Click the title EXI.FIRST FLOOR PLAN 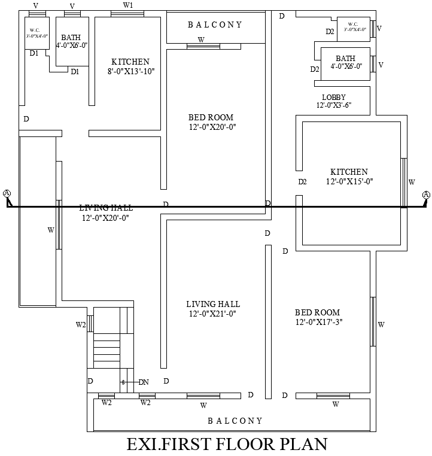click(x=227, y=445)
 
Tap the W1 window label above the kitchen click(x=128, y=5)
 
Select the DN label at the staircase click(x=144, y=382)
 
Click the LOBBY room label click(x=333, y=98)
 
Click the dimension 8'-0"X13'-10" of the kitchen click(x=130, y=71)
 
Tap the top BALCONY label click(x=215, y=25)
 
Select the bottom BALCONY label click(x=235, y=421)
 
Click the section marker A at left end click(x=7, y=193)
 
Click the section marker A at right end click(x=425, y=194)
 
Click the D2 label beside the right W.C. click(x=330, y=32)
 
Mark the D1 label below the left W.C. click(x=34, y=53)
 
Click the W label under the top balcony click(x=201, y=40)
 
